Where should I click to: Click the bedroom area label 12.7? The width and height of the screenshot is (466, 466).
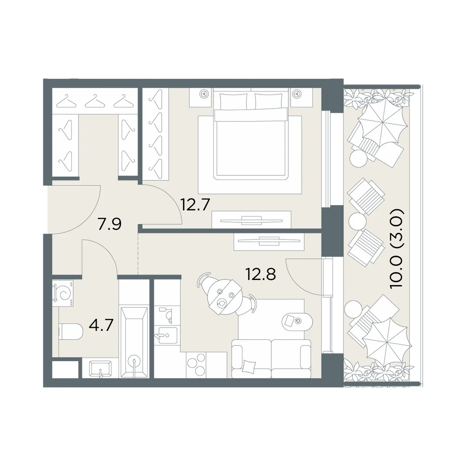196,205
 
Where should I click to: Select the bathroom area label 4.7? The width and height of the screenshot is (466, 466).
101,325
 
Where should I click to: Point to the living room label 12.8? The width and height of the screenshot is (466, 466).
260,274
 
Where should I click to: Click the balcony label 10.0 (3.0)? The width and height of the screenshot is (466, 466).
397,248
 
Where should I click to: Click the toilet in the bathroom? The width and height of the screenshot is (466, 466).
71,332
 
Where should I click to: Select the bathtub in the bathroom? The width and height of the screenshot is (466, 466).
134,343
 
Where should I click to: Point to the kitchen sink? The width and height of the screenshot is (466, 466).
167,335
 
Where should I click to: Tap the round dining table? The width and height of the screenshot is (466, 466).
226,296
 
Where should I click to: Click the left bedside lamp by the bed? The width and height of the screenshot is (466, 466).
204,94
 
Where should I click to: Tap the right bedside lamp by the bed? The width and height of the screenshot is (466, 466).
296,94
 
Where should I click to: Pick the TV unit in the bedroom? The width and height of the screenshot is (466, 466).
251,219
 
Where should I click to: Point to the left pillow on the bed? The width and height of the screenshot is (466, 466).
233,101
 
